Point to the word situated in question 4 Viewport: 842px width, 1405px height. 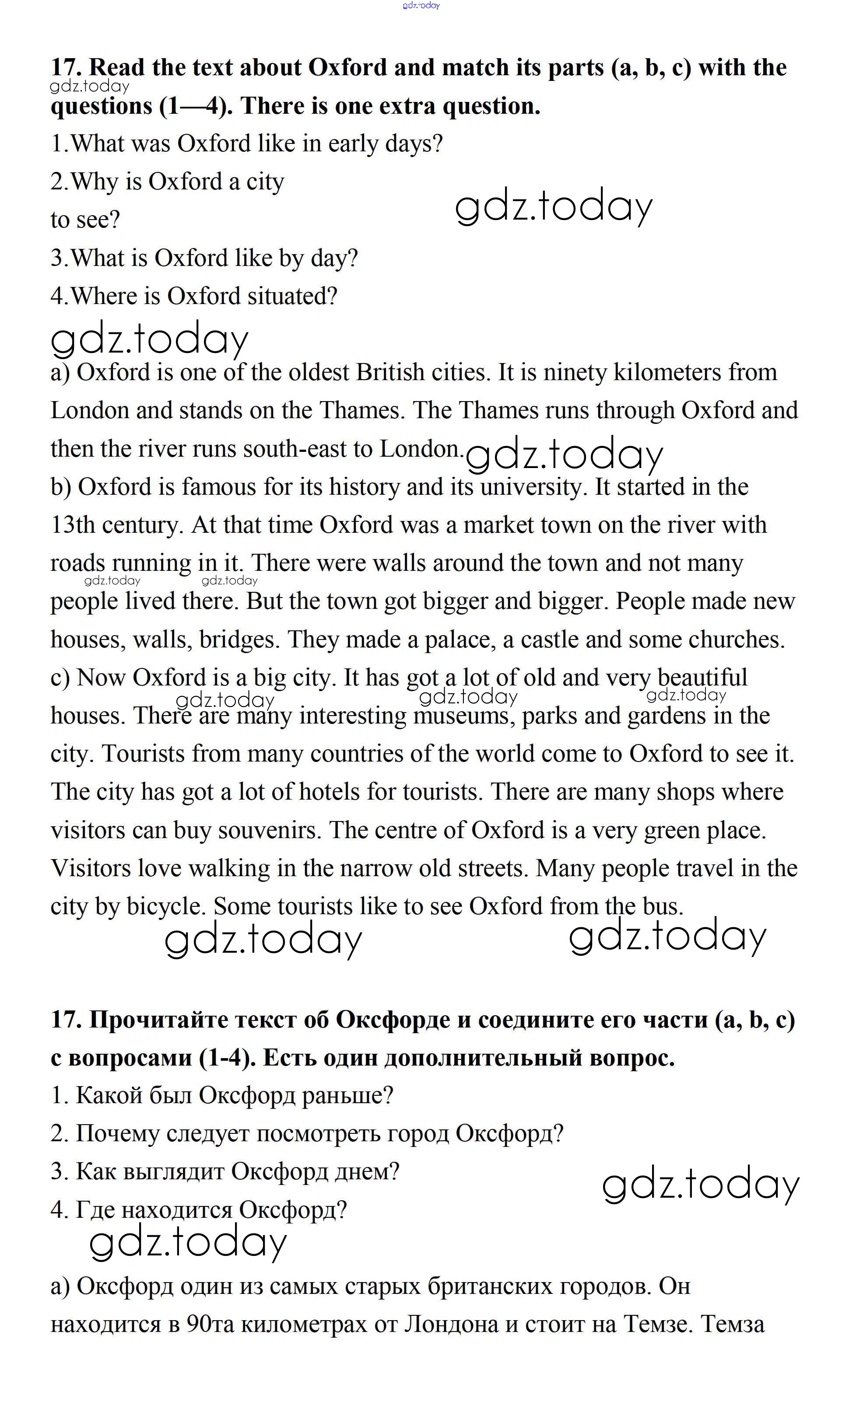point(292,297)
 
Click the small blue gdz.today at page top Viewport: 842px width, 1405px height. point(421,6)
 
